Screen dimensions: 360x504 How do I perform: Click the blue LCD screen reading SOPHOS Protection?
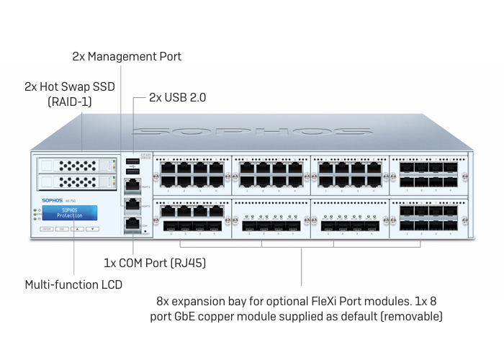(69, 212)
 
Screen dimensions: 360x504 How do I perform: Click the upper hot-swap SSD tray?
(76, 166)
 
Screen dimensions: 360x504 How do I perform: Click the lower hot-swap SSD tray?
(76, 182)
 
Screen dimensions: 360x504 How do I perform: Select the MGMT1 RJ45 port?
(133, 185)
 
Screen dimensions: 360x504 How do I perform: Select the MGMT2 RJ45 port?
(133, 204)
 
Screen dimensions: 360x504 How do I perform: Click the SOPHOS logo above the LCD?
(52, 201)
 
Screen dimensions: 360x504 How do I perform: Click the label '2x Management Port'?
(127, 56)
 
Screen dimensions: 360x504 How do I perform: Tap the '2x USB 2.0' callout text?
(177, 96)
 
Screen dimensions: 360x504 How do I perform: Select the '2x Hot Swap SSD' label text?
(69, 86)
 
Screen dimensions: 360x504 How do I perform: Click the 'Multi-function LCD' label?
(73, 284)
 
